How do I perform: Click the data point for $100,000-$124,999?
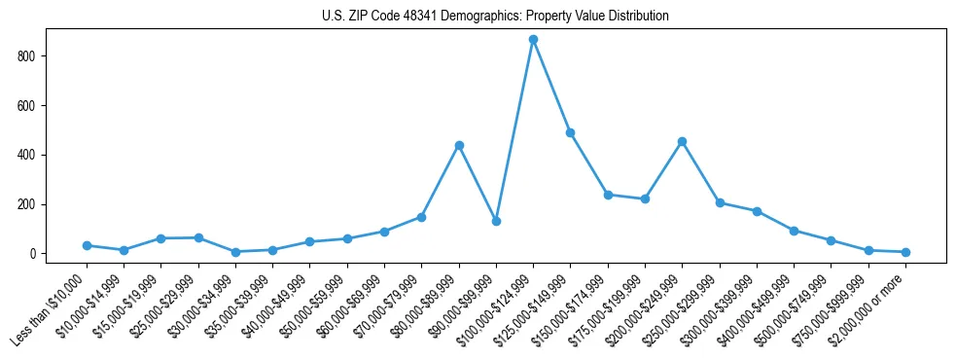point(533,40)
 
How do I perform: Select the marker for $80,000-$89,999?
point(459,145)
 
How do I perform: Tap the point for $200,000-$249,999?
point(682,141)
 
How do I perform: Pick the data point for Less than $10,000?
point(87,245)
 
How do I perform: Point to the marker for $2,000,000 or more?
point(905,252)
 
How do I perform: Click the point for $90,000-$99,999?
point(496,222)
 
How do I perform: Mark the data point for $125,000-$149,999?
point(570,132)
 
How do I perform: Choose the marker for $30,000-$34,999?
point(235,252)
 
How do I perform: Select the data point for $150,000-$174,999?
point(608,195)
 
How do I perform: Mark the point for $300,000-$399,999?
point(757,211)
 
